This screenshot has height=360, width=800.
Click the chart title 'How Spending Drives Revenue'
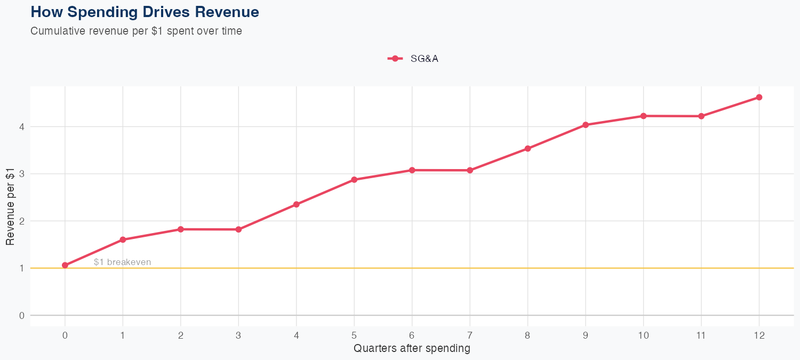pos(145,12)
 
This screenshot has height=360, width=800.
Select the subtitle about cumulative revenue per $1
pos(137,31)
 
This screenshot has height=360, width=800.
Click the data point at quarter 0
pos(65,265)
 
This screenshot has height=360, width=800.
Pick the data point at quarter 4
pos(297,204)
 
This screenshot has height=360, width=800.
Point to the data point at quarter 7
pos(470,170)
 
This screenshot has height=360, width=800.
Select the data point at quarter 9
pos(586,125)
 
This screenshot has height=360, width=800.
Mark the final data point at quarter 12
pos(759,97)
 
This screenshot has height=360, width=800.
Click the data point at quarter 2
pos(181,229)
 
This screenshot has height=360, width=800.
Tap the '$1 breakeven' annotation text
pos(122,262)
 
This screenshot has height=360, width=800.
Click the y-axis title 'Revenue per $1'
pos(11,213)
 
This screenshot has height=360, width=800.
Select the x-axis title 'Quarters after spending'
pos(412,349)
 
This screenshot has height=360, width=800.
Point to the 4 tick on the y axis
pos(22,127)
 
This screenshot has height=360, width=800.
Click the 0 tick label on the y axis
pos(22,315)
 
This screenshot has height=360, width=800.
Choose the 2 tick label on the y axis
pos(22,221)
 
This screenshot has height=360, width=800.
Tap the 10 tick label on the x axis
pos(643,335)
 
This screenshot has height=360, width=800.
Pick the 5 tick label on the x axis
pos(354,335)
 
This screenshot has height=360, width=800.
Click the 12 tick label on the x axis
pos(759,335)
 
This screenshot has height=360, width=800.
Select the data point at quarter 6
pos(412,170)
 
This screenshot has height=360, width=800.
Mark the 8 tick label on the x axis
pos(527,335)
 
